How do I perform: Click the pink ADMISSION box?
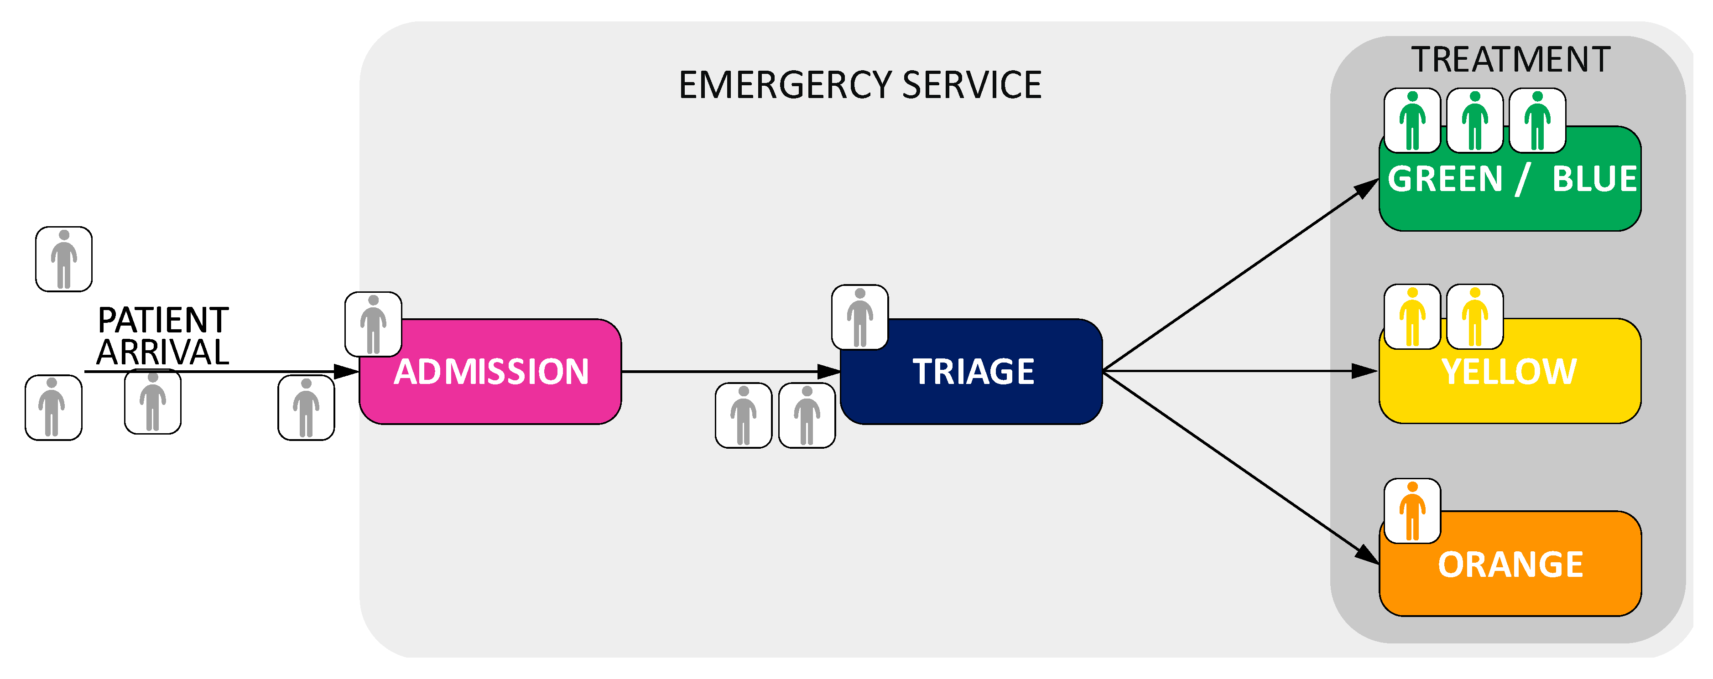[490, 371]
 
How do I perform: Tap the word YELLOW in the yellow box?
[1509, 371]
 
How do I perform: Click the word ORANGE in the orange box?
[1510, 565]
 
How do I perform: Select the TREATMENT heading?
[1510, 60]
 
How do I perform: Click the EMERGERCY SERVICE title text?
[860, 85]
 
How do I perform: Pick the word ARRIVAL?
[163, 352]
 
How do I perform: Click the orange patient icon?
[1412, 511]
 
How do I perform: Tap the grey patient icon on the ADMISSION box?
[373, 324]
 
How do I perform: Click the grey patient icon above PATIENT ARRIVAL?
[64, 259]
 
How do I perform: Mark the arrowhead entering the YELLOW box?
[1365, 371]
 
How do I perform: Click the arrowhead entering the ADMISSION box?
[346, 371]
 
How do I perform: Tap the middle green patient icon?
[1474, 120]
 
